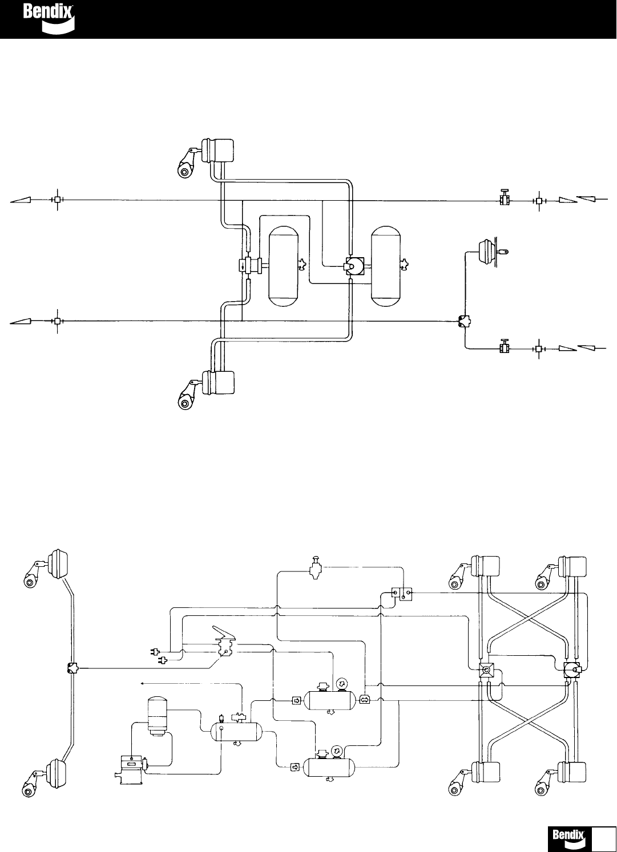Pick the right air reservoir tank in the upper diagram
pyautogui.click(x=386, y=266)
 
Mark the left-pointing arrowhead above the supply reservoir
pyautogui.click(x=142, y=681)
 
